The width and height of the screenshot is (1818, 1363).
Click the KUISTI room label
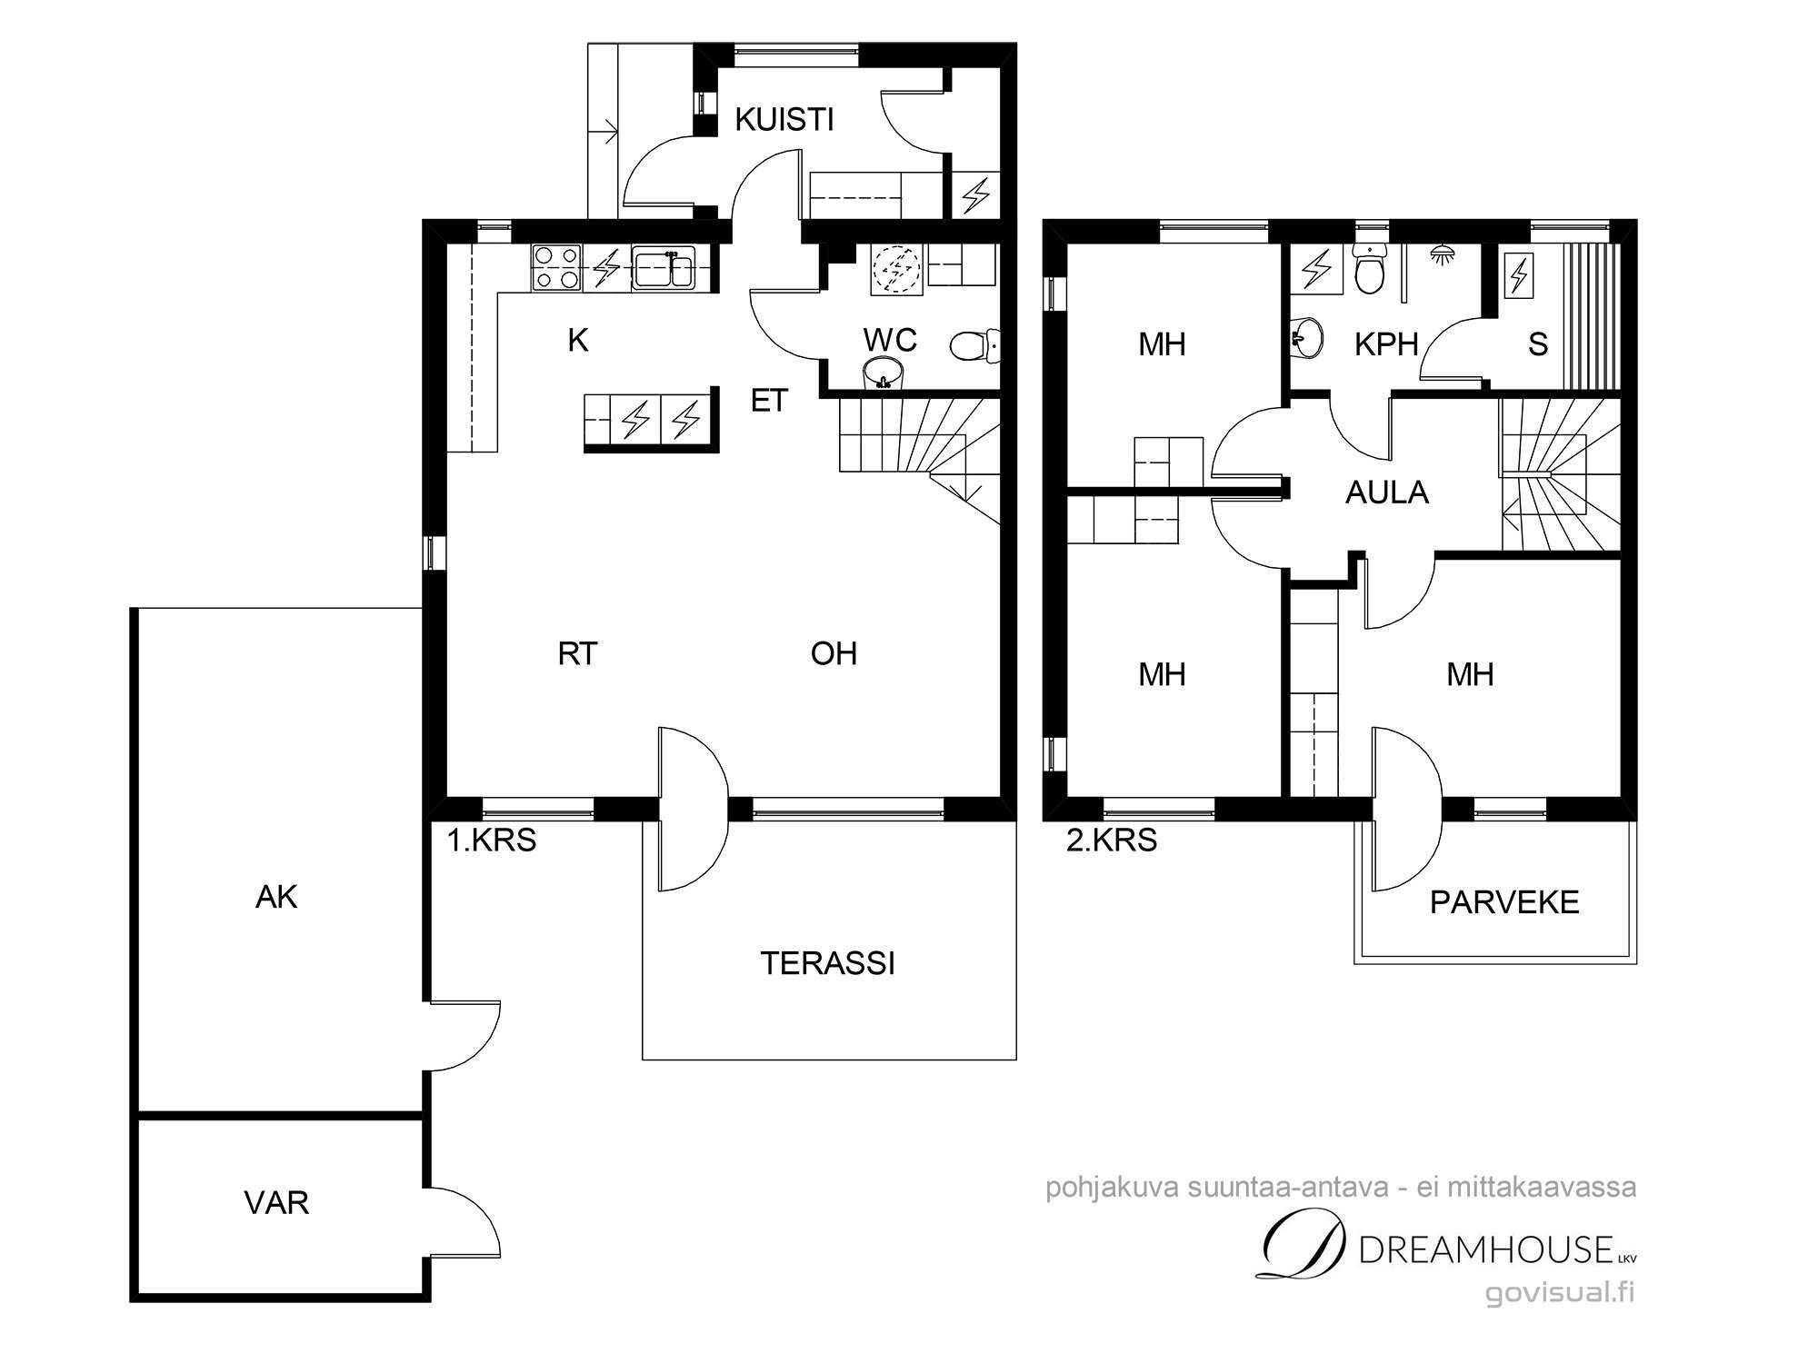(x=784, y=120)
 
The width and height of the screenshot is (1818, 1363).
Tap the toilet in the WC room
(x=974, y=345)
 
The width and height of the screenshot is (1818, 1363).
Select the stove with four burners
(x=556, y=268)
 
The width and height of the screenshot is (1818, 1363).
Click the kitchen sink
(x=664, y=268)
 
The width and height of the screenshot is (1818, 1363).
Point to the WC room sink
(x=884, y=373)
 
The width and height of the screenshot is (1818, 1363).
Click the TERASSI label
(x=828, y=963)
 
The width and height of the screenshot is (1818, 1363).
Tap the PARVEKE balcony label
(x=1504, y=902)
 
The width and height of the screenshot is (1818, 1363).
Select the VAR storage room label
(x=276, y=1203)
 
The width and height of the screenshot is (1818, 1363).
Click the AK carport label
(x=276, y=898)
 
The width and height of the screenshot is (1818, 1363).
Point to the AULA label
(x=1387, y=492)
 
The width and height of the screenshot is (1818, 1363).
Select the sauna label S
(x=1537, y=344)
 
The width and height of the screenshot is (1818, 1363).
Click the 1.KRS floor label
(x=491, y=841)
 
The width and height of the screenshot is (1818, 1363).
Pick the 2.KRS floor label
(x=1112, y=841)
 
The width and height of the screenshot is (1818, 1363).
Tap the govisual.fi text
(x=1560, y=1293)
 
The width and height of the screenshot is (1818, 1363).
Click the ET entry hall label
(x=769, y=401)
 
